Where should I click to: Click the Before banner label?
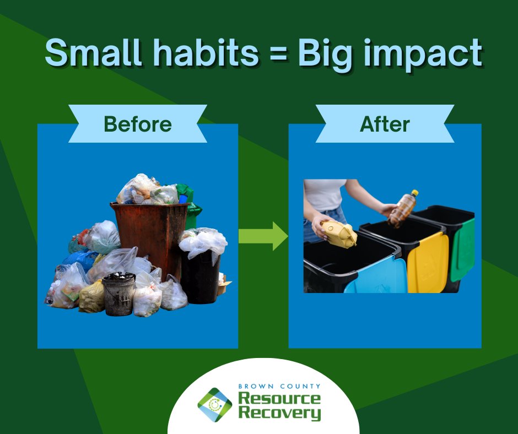coord(138,124)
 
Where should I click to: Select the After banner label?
coord(385,124)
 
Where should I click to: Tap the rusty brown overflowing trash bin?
coord(149,231)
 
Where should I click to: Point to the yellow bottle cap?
coord(414,193)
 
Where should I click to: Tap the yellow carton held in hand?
coord(339,234)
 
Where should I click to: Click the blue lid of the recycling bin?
coord(375,275)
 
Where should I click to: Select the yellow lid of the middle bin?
coord(428,262)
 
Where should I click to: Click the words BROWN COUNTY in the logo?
coord(279,387)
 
